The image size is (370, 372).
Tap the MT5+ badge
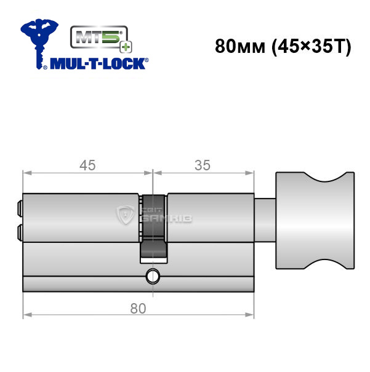pos(101,39)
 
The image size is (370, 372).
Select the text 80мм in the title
pos(240,46)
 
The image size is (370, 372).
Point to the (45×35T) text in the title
pos(311,47)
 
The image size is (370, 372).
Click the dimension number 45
pos(87,165)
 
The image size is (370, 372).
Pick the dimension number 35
pos(203,165)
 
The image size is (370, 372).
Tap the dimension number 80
pos(138,309)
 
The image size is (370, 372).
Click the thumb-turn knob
pos(315,220)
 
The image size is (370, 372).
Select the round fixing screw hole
pos(153,276)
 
